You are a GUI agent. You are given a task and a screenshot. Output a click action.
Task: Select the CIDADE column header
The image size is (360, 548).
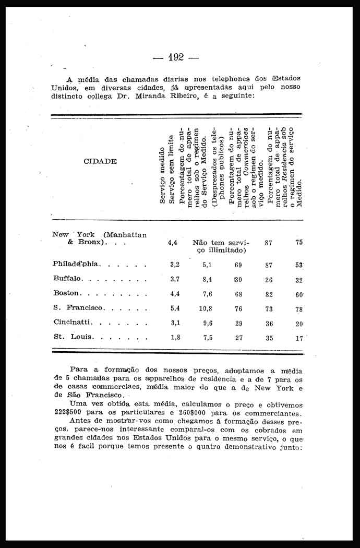100,161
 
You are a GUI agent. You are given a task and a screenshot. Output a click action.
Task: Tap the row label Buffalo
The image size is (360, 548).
67,279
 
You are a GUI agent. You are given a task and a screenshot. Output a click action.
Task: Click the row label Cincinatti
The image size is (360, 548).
73,323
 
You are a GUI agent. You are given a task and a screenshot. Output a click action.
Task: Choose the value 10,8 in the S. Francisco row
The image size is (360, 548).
206,308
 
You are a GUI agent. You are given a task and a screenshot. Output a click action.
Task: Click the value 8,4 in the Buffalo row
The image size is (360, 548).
207,279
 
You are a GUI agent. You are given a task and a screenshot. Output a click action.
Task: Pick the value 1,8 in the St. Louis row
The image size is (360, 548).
175,337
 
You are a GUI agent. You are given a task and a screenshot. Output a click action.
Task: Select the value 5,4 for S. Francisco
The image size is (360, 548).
175,308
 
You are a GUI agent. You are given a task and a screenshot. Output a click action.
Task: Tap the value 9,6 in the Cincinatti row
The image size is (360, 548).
207,323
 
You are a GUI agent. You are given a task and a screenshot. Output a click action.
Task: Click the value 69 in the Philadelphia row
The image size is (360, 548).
238,265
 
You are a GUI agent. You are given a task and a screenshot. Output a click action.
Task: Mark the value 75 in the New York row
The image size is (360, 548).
299,243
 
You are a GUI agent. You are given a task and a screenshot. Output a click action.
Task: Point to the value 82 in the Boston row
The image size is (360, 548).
269,294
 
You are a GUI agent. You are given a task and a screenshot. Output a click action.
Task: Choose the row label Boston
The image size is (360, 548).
66,293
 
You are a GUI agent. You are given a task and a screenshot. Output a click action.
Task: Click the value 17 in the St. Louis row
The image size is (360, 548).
299,338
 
